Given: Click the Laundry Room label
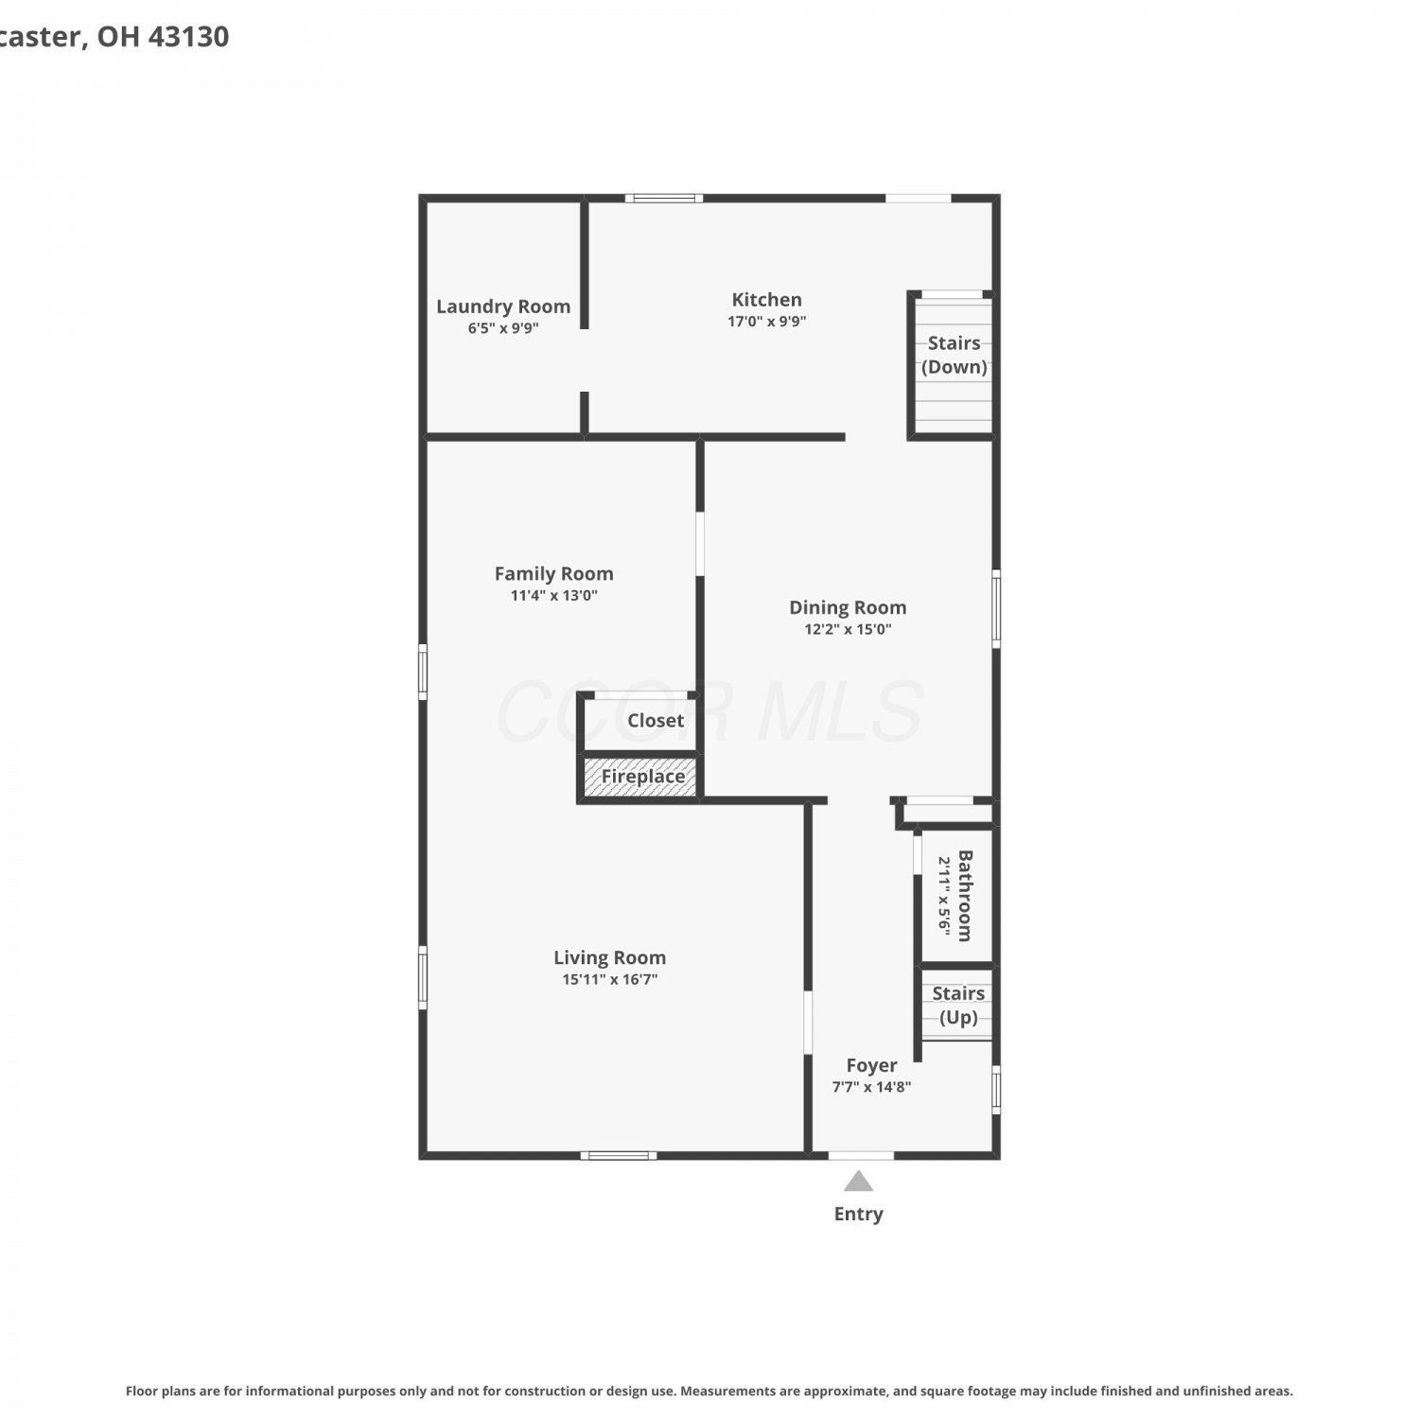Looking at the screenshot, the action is click(x=503, y=307).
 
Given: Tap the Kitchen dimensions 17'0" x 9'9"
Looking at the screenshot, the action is click(x=766, y=322).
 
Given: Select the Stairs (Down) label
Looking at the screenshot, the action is click(x=955, y=355).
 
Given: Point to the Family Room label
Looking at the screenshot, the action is click(x=553, y=573).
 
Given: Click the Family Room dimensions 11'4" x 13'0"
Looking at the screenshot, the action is click(x=553, y=596).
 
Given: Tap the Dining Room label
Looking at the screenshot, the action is click(x=848, y=607).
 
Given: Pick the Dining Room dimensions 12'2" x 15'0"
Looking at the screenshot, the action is click(x=848, y=630).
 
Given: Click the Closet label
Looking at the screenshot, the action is click(x=656, y=720).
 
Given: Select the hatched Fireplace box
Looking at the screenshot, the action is click(x=640, y=777).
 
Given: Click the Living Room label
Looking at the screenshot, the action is click(x=609, y=957).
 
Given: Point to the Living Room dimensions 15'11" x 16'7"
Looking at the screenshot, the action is click(x=609, y=980).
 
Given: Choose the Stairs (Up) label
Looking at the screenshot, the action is click(x=958, y=1006).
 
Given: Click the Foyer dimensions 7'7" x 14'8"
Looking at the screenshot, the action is click(x=871, y=1088).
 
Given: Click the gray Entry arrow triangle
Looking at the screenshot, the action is click(x=858, y=1182).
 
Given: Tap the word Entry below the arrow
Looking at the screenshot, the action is click(x=858, y=1214).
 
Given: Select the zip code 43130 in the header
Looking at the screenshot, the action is click(x=189, y=36).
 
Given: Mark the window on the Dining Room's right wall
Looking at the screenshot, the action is click(x=996, y=608).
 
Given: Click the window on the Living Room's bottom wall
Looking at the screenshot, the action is click(x=619, y=1155).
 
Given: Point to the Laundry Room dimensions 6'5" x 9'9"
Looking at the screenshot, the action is click(x=503, y=329).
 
